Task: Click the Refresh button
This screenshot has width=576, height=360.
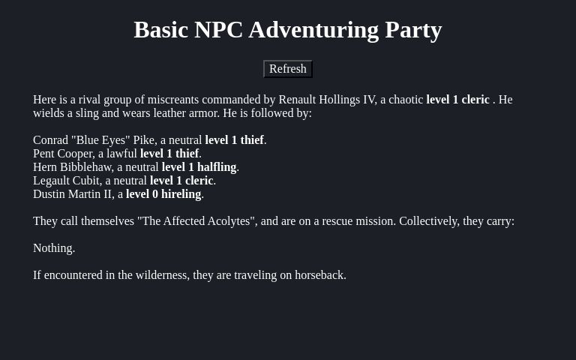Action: [x=287, y=69]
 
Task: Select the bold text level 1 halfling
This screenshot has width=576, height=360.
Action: [x=199, y=167]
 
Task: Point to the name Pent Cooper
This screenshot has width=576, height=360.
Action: [x=63, y=154]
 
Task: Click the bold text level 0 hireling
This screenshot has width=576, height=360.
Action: [x=163, y=194]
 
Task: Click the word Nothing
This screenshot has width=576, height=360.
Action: [x=53, y=248]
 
